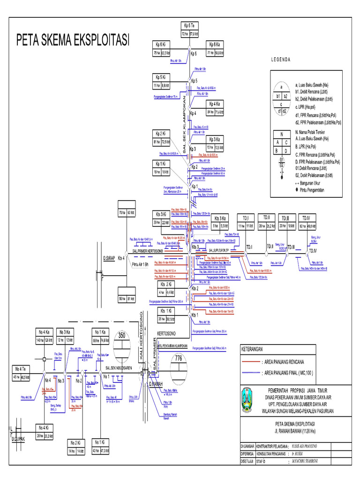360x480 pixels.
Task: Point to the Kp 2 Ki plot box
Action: [162, 138]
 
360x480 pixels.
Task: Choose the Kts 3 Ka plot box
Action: [220, 222]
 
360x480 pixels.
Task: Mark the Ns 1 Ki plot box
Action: [100, 446]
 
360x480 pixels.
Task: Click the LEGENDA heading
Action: [281, 60]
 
